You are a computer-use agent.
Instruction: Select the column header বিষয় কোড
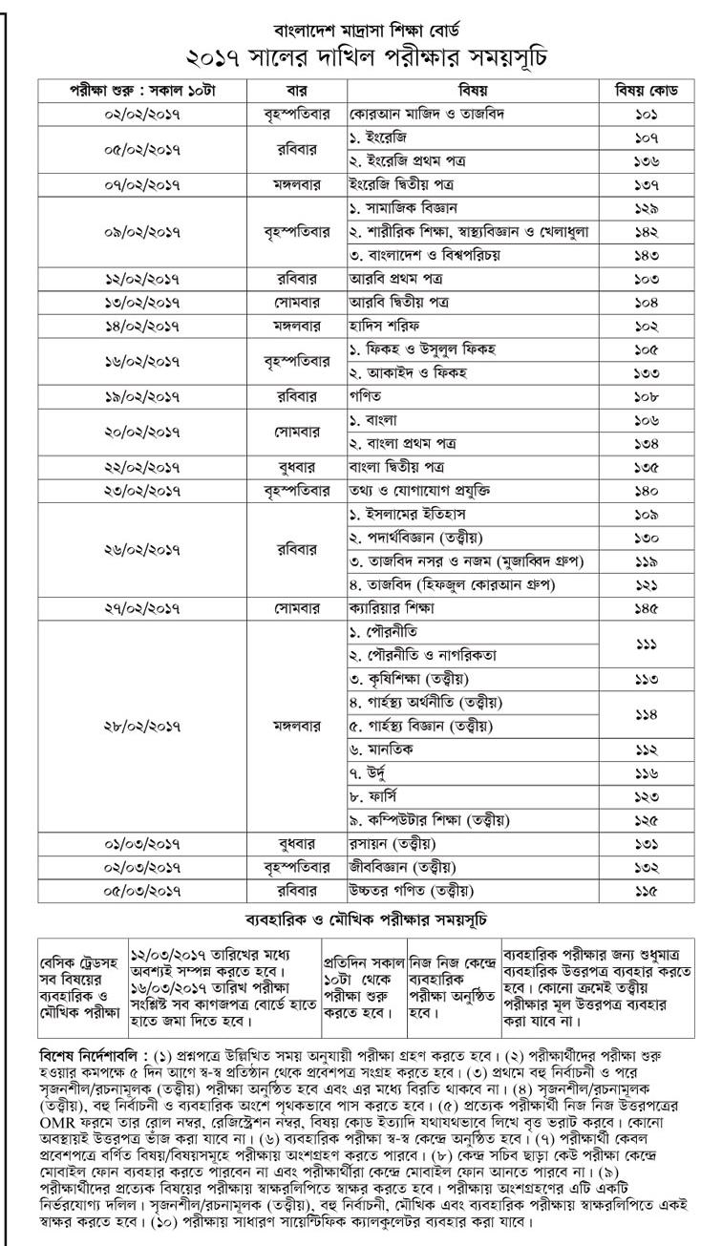click(x=647, y=92)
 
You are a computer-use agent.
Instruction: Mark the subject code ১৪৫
click(x=647, y=607)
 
